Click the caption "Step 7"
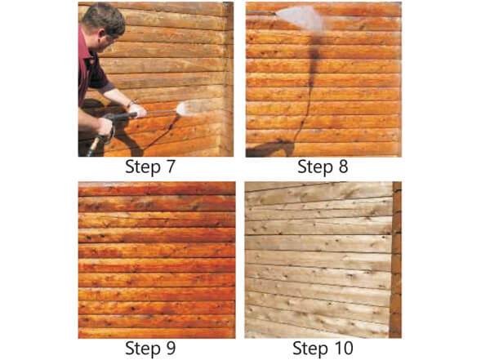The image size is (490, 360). (150, 167)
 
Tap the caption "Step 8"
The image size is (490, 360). (323, 167)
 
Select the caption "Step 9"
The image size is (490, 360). (150, 349)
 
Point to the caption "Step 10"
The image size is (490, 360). (323, 349)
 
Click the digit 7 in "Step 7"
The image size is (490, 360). (170, 167)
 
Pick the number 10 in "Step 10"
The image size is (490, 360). (342, 348)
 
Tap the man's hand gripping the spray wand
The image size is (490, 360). (137, 110)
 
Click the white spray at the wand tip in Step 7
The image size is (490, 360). (188, 107)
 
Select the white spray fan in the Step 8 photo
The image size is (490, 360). (300, 17)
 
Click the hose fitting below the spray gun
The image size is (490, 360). (94, 146)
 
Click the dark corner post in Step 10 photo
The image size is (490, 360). (395, 260)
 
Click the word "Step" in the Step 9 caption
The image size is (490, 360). (141, 349)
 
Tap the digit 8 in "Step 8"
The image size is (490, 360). (343, 167)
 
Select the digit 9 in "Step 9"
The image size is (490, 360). (171, 348)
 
